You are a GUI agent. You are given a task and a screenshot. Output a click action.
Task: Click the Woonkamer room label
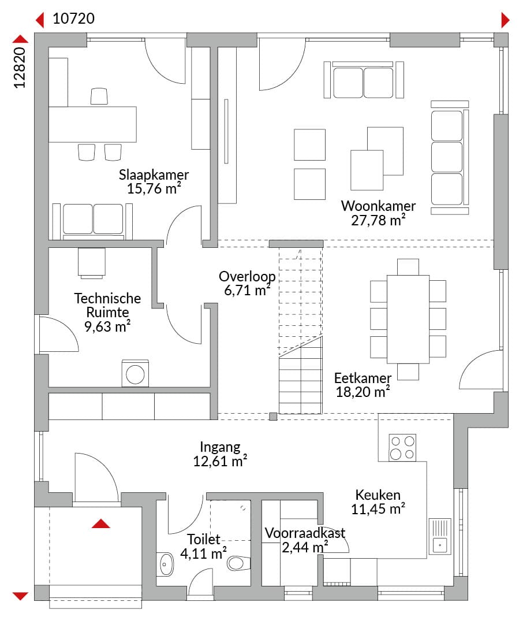pyautogui.click(x=378, y=206)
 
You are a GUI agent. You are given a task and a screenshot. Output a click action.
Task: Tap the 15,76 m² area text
pyautogui.click(x=154, y=188)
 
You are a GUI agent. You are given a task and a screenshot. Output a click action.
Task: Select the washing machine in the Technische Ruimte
pyautogui.click(x=135, y=374)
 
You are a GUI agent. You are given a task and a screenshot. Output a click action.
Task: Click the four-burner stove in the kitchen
pyautogui.click(x=402, y=447)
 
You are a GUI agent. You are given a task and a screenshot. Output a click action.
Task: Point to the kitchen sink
pyautogui.click(x=440, y=536)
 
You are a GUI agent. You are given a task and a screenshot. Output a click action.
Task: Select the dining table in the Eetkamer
pyautogui.click(x=408, y=319)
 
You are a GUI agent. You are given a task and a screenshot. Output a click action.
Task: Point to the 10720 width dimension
pyautogui.click(x=73, y=18)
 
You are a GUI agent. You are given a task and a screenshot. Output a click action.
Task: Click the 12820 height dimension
pyautogui.click(x=20, y=68)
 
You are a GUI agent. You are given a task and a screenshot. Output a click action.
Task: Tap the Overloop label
pyautogui.click(x=247, y=276)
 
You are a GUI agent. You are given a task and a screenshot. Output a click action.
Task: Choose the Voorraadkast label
pyautogui.click(x=305, y=533)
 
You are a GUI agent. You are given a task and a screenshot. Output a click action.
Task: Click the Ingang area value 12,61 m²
pyautogui.click(x=220, y=461)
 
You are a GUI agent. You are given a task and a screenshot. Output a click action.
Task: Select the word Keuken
pyautogui.click(x=378, y=495)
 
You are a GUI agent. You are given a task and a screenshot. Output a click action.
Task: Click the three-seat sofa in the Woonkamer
pyautogui.click(x=450, y=157)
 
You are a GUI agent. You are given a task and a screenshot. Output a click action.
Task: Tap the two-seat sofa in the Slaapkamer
pyautogui.click(x=93, y=221)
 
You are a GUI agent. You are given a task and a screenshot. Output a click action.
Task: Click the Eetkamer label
pyautogui.click(x=363, y=378)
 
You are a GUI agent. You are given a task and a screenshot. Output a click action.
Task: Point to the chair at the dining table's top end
pyautogui.click(x=408, y=266)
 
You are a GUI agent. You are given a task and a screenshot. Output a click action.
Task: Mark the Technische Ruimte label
pyautogui.click(x=107, y=305)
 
